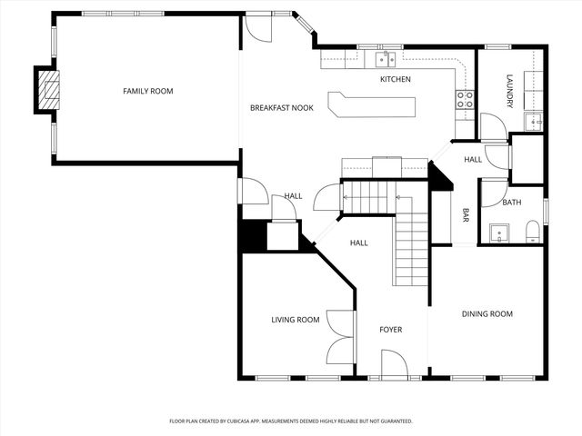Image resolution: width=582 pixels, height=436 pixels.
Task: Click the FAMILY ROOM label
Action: tap(148, 91)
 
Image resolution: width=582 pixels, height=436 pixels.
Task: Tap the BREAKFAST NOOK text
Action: tap(281, 108)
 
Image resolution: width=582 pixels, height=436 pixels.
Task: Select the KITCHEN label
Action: tap(395, 80)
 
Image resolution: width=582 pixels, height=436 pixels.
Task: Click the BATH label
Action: tap(511, 203)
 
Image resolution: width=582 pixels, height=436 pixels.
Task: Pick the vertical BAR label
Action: tap(466, 215)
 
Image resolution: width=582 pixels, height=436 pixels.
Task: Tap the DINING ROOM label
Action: tap(487, 314)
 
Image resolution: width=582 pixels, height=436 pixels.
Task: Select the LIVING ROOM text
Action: tap(296, 320)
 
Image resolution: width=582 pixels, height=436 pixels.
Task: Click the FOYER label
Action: tap(390, 330)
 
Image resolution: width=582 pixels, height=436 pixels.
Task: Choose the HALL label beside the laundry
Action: tap(473, 160)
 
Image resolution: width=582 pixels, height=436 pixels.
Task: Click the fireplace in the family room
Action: tap(48, 90)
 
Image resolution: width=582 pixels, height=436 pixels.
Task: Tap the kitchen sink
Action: tap(386, 59)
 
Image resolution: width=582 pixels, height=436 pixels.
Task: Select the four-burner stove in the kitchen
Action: tap(465, 99)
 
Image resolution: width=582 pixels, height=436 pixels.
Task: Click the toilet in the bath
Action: tap(532, 234)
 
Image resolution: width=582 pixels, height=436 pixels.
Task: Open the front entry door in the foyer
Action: tap(394, 366)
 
